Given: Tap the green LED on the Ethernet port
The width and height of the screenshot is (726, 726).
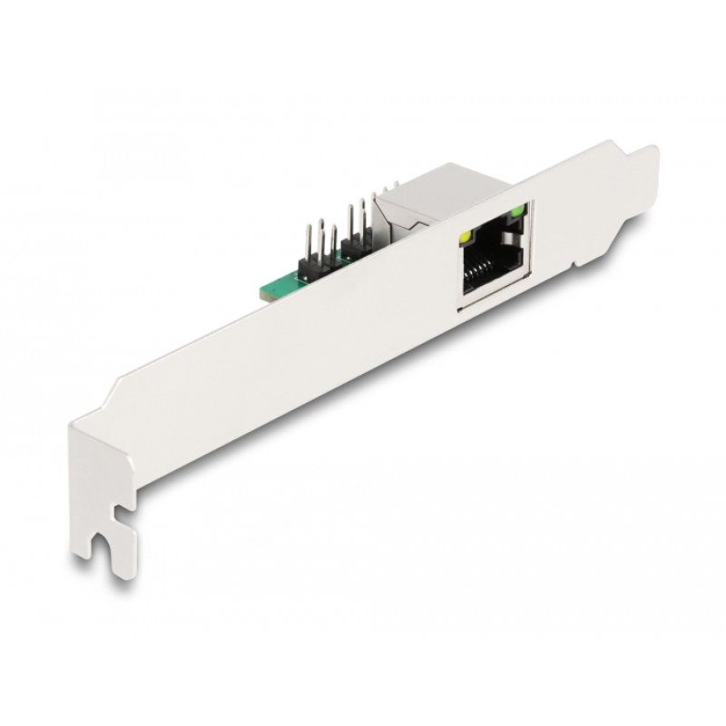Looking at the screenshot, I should (517, 213).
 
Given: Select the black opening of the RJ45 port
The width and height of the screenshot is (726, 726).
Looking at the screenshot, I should (490, 263).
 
